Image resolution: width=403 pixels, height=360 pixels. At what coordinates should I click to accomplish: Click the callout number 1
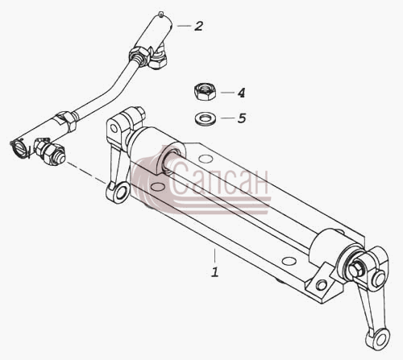coord(214,271)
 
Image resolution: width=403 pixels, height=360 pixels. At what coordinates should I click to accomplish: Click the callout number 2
coord(198,26)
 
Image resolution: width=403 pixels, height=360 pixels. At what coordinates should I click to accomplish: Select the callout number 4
coord(241,93)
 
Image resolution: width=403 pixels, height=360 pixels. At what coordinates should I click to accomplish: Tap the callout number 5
coord(241,118)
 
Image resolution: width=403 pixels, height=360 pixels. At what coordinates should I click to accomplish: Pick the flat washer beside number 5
coord(206,118)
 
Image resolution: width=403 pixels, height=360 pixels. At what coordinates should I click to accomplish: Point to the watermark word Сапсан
coord(219,179)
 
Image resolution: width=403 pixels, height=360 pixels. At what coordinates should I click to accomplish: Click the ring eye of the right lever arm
coord(380,337)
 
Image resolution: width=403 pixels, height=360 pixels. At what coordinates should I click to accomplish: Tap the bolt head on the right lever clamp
coord(355,269)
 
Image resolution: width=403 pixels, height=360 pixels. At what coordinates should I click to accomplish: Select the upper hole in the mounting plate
coord(206,159)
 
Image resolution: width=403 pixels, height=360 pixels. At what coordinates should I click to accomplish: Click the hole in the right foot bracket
coord(322,284)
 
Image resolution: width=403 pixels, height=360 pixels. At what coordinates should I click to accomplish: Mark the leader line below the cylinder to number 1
coord(214,255)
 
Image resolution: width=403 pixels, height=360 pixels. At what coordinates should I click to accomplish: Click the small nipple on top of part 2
coord(161,14)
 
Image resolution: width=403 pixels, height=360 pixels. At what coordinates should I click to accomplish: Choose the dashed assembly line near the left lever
coord(86,172)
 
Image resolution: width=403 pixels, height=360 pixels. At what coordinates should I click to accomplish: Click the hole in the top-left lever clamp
coord(114,128)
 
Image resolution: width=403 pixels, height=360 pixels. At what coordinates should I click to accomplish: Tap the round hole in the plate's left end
coord(157,186)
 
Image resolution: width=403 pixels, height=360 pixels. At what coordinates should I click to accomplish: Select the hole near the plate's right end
coord(289,261)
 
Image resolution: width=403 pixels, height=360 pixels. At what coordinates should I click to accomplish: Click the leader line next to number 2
coord(184,26)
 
